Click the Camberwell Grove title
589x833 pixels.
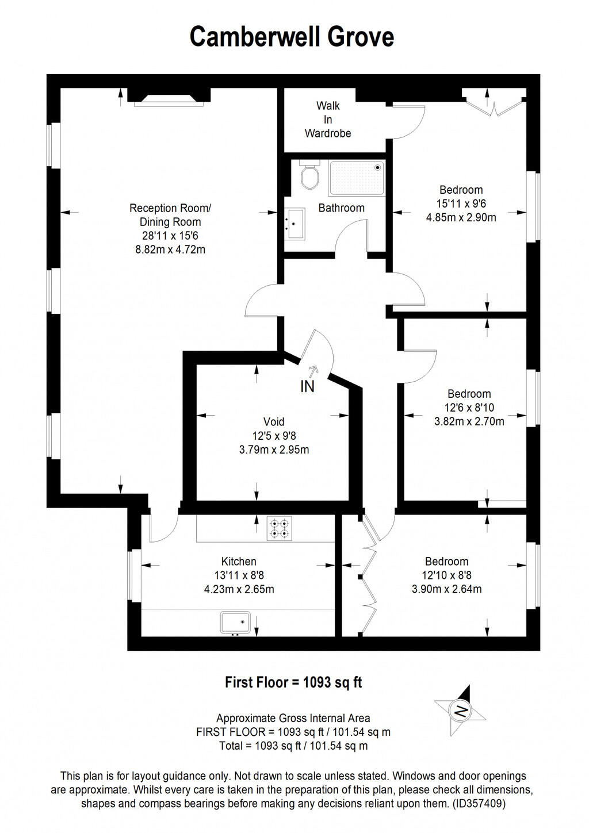(x=292, y=37)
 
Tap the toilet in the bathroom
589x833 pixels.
(x=310, y=175)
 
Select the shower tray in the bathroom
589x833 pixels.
(x=356, y=178)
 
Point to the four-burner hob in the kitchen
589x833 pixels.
(x=279, y=528)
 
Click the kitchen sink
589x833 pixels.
(x=235, y=623)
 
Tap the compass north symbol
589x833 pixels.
(x=461, y=711)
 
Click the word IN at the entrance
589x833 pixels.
(x=308, y=387)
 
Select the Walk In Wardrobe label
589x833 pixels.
(x=328, y=120)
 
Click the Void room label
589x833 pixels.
(x=274, y=422)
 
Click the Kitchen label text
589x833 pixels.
(x=239, y=562)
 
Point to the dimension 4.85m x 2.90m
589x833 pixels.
(x=461, y=217)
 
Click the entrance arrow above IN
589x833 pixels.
(x=313, y=371)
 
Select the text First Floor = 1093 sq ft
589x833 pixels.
(x=293, y=682)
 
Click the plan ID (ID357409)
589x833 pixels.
(x=479, y=804)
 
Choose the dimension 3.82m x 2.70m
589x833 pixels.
(x=469, y=421)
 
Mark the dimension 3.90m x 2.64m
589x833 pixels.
(x=446, y=589)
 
